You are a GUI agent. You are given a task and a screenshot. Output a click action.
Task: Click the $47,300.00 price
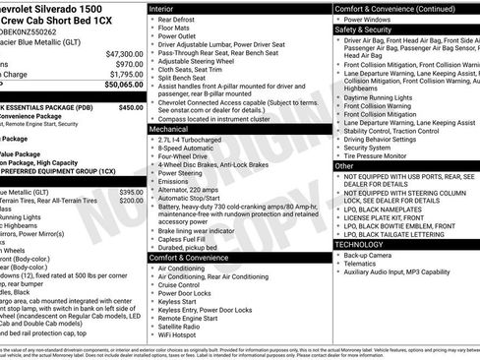(124, 53)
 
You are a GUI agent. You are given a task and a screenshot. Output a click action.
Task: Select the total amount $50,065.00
(124, 85)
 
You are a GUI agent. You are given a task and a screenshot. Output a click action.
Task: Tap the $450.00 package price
(131, 107)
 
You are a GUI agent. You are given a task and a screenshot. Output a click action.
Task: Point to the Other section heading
(344, 166)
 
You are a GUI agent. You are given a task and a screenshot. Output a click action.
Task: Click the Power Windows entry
(368, 18)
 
